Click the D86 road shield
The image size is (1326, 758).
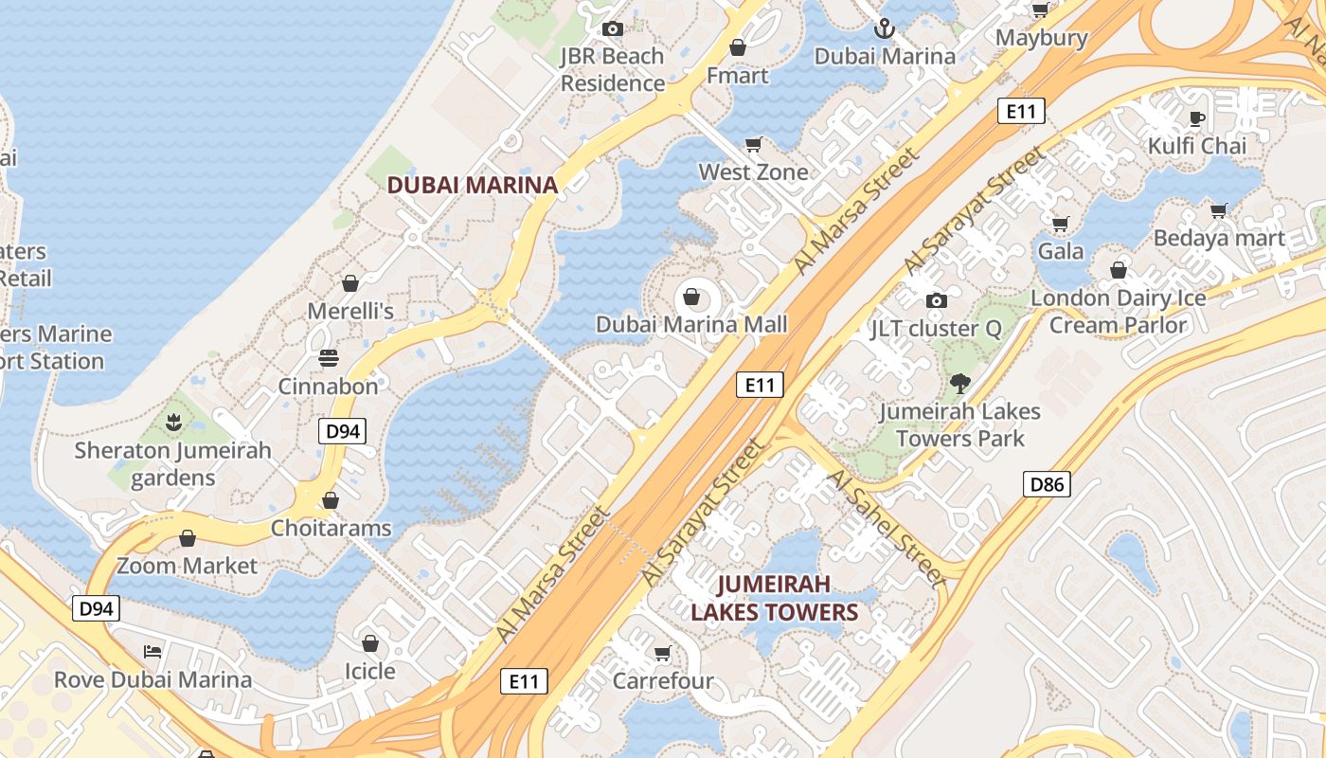1047,485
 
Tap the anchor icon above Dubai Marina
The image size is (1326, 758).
885,28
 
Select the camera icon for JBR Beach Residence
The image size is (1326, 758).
613,28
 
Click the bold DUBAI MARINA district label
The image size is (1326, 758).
473,186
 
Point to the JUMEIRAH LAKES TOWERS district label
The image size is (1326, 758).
774,598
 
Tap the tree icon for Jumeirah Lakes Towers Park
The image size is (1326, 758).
960,384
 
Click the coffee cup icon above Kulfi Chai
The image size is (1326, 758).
1197,118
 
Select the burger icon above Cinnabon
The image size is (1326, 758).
329,358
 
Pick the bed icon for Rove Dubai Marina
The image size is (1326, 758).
152,652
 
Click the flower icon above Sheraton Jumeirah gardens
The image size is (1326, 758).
172,423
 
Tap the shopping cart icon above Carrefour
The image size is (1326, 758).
663,653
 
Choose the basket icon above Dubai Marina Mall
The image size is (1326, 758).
691,298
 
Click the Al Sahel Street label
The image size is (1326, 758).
886,527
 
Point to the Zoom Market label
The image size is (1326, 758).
187,566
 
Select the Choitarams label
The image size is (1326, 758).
331,528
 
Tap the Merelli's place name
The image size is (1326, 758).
350,311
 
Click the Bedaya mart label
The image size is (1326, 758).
1219,238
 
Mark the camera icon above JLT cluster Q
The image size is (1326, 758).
937,300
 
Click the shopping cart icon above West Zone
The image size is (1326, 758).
754,144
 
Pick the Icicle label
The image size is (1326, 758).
369,671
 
